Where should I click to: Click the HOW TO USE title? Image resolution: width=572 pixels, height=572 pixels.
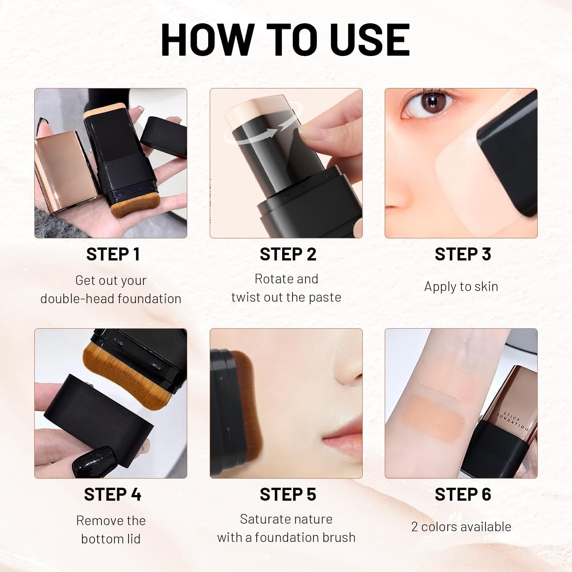click(285, 40)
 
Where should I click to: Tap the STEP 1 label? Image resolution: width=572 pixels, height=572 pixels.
click(113, 254)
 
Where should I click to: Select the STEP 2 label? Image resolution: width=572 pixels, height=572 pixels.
click(288, 254)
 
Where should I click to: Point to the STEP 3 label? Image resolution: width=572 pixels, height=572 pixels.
click(463, 254)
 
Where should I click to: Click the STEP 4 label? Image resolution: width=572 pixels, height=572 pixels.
click(112, 495)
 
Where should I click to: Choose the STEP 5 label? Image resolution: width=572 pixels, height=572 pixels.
click(288, 495)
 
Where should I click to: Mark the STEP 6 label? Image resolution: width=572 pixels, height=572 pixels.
click(463, 495)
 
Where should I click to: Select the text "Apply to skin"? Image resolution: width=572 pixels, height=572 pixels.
click(461, 286)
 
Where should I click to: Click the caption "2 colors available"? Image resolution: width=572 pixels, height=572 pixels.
click(461, 527)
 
